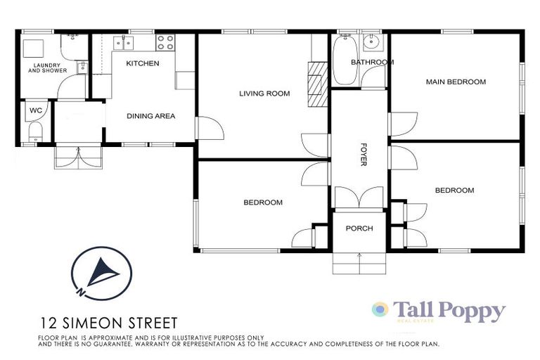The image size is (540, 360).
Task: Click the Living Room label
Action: [x=264, y=94]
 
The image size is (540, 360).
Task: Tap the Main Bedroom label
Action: [x=456, y=82]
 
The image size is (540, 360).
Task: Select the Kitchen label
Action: [x=143, y=63]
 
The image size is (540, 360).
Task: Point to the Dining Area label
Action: [x=150, y=116]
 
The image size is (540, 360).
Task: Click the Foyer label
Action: [x=364, y=155]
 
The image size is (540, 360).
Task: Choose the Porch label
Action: [x=359, y=229]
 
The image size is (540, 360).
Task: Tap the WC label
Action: [x=35, y=110]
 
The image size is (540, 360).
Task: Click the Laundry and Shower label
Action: [x=47, y=68]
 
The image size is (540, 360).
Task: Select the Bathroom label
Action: [x=372, y=62]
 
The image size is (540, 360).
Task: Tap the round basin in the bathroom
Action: [x=373, y=44]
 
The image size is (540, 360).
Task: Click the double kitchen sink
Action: [x=124, y=43]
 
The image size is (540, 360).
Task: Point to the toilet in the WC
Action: [x=35, y=132]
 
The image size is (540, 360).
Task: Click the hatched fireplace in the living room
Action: [x=317, y=83]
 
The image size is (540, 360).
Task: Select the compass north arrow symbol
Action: [x=102, y=273]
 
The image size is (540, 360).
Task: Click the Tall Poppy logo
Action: [x=439, y=311]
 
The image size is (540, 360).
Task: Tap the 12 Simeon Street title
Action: [x=108, y=323]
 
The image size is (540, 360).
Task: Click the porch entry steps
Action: [x=359, y=264]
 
